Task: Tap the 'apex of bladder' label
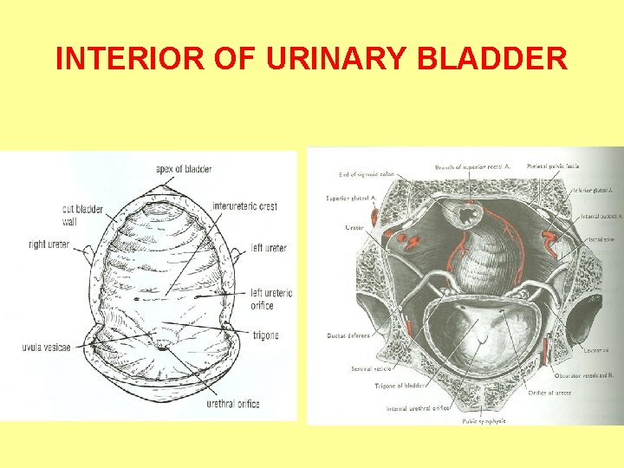(x=184, y=168)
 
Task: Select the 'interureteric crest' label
(x=244, y=206)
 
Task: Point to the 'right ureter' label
(x=49, y=244)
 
